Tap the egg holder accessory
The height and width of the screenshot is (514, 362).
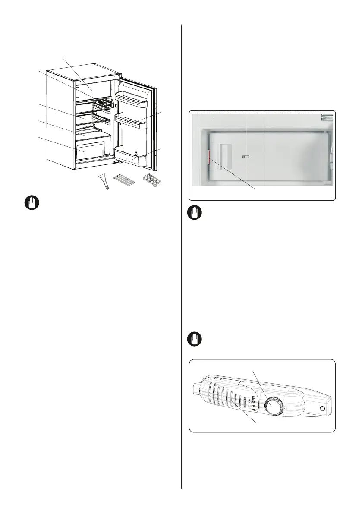coord(154,179)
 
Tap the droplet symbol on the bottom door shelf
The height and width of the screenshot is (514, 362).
coord(135,154)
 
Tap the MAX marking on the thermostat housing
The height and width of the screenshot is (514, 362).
coord(254,399)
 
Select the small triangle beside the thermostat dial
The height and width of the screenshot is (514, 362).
coord(286,407)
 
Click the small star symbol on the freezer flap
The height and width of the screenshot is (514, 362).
coord(244,158)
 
